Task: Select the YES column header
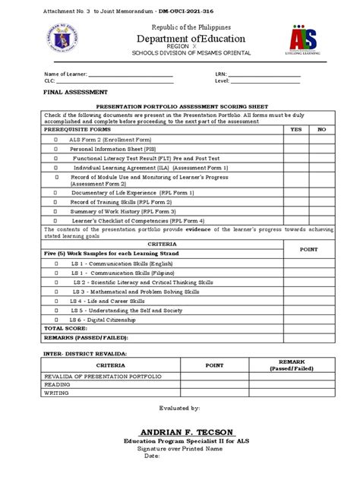[296, 130]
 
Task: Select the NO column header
[321, 130]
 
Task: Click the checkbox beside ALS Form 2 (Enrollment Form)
[55, 141]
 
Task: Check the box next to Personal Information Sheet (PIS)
[55, 150]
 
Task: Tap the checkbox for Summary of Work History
[55, 211]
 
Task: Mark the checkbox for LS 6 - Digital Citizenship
[55, 321]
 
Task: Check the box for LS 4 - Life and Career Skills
[55, 301]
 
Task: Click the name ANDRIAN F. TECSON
[180, 432]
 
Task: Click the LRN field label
[222, 74]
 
